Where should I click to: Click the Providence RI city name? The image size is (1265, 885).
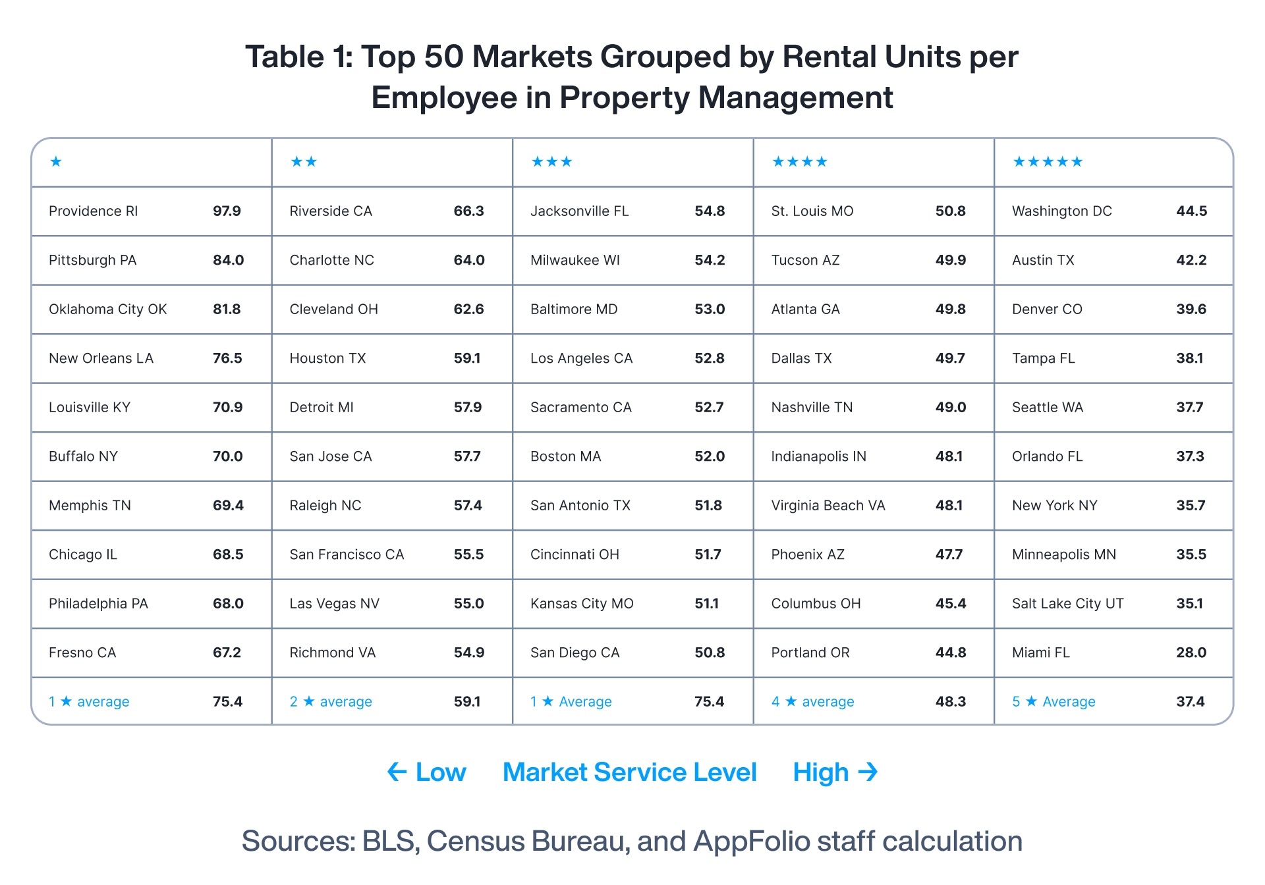pos(94,211)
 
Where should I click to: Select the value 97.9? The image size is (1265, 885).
pos(227,211)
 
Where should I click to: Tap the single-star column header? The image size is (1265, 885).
pos(56,162)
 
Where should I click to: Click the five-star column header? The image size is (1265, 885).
pos(1048,162)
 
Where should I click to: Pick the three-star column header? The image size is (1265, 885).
pos(552,162)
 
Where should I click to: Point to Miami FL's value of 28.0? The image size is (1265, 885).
pos(1191,653)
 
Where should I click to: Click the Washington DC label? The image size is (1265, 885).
pos(1062,211)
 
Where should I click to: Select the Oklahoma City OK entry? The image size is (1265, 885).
pos(108,309)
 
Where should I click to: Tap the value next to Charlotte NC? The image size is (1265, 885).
pos(469,260)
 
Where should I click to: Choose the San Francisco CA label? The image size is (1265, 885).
pos(347,554)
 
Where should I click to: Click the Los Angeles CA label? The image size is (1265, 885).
pos(581,358)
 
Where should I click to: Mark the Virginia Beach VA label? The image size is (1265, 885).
pos(828,506)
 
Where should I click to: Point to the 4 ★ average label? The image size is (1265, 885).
pos(812,702)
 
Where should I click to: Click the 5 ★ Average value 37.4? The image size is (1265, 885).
pos(1191,702)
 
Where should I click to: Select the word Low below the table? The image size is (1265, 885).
pos(441,772)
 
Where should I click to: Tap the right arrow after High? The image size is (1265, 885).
pos(868,772)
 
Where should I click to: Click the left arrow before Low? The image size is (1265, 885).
pos(397,772)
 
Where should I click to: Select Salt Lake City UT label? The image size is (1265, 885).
pos(1068,604)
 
